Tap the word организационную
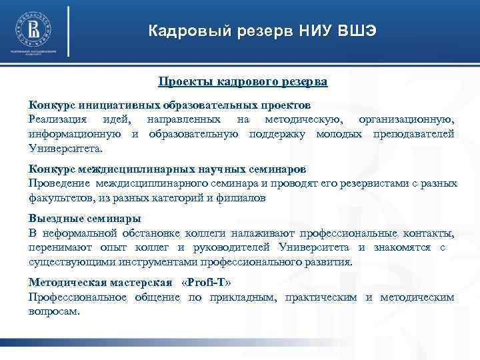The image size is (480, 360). pyautogui.click(x=407, y=119)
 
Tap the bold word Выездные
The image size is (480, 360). pyautogui.click(x=54, y=219)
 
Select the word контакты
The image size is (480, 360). pyautogui.click(x=429, y=233)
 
